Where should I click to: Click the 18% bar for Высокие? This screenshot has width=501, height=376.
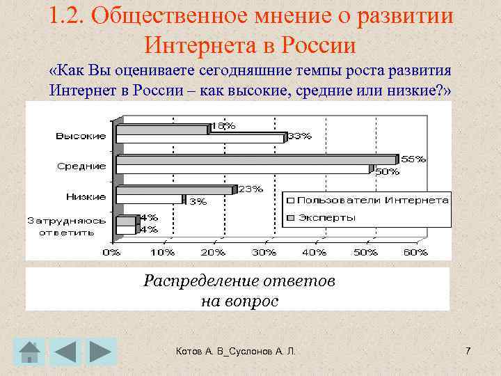point(161,129)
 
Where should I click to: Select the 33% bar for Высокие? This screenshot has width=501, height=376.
point(200,138)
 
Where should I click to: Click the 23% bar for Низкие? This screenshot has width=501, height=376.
point(173,190)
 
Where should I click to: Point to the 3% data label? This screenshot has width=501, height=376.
point(198,202)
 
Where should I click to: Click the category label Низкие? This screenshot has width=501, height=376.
point(86,196)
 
